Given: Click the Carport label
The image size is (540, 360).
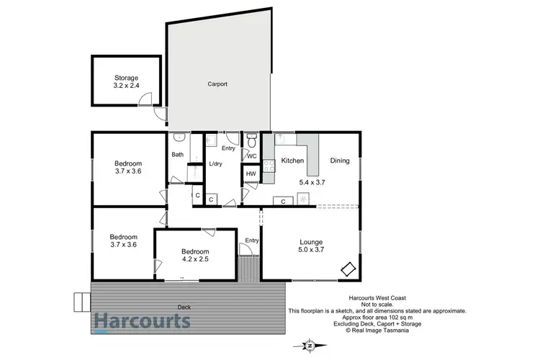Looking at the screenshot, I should tap(217, 84).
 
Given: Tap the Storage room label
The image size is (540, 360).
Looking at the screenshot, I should tap(126, 78).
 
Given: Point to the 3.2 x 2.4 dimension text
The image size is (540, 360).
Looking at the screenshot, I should tap(126, 86).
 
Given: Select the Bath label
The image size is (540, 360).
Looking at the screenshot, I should tap(177, 155).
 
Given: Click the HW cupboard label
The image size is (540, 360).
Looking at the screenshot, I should tap(251, 174).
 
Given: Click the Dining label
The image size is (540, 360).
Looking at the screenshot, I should tap(340, 161).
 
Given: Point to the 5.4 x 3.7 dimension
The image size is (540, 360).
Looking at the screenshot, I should tap(313, 183).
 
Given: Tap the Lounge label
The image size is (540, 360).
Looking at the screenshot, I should tap(311, 242).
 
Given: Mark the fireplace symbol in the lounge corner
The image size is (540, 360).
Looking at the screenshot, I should tap(348, 269).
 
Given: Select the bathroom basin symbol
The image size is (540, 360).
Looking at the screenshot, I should tap(180, 138).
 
